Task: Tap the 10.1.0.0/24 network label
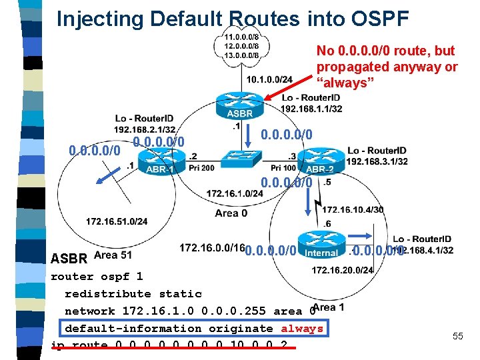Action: click(x=269, y=79)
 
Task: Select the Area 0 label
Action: click(x=231, y=213)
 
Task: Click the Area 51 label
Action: click(x=113, y=255)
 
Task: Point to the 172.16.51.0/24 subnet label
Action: click(x=117, y=221)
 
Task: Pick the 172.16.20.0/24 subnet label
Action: click(x=343, y=270)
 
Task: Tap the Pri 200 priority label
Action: click(x=201, y=168)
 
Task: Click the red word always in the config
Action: click(x=301, y=329)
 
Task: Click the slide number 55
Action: click(x=457, y=336)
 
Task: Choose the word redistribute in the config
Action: click(x=108, y=294)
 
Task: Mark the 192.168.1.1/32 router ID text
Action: click(x=312, y=109)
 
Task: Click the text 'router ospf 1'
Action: click(x=97, y=277)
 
